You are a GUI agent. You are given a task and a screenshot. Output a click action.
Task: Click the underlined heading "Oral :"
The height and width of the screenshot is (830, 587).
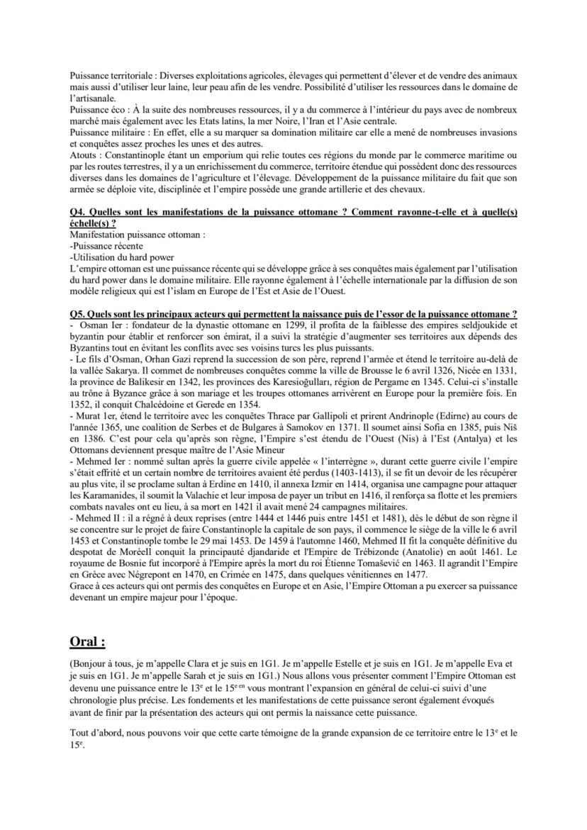(x=87, y=642)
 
